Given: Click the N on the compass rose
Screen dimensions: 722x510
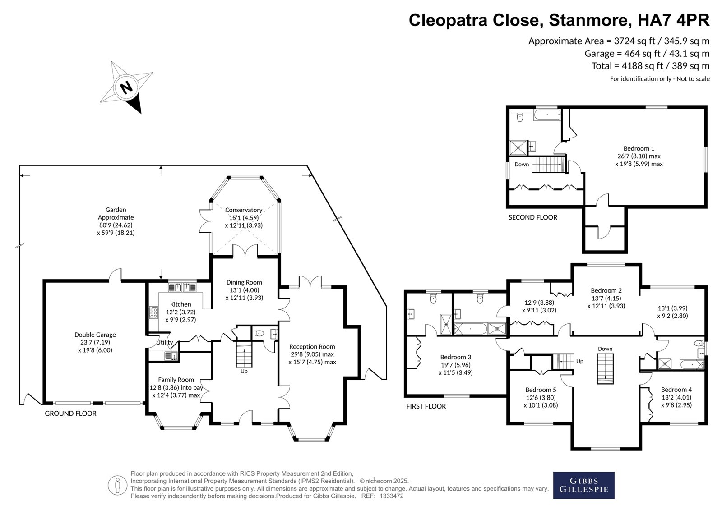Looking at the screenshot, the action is pos(126,87).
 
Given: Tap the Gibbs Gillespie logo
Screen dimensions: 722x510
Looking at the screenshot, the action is pos(584,485).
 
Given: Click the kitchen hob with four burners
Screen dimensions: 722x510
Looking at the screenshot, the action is pos(153,312).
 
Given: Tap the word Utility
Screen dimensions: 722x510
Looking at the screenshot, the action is pos(165,342).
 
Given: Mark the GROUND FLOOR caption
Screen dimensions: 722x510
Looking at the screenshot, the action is pos(70,414).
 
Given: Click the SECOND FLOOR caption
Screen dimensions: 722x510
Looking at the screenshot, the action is pos(533,217).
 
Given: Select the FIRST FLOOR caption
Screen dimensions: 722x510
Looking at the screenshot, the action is pos(426,406).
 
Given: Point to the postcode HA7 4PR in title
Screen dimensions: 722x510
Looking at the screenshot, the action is pos(673,20).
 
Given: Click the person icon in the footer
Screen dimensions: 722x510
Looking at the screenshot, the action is pos(117,485).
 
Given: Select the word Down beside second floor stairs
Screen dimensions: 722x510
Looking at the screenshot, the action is pos(522,164).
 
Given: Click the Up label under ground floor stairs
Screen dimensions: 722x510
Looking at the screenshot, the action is pos(244,371).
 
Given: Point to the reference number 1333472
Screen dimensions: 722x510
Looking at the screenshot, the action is pos(392,496).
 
